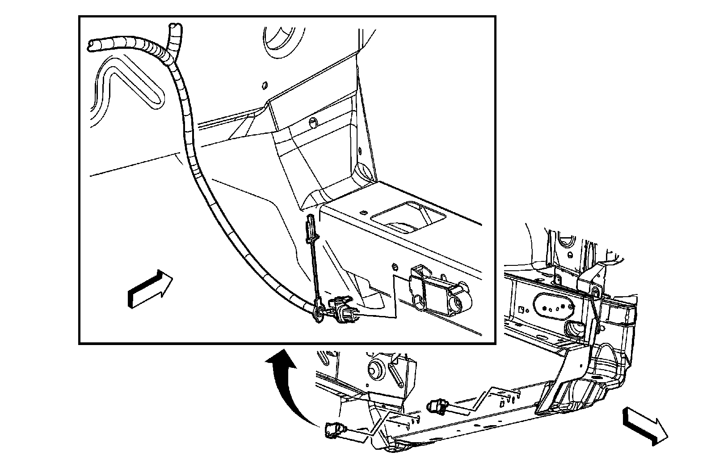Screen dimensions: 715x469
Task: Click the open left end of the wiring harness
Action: click(x=91, y=45)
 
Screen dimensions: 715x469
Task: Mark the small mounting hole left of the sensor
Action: click(x=394, y=267)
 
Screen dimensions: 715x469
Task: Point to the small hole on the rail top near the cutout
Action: click(x=363, y=212)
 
